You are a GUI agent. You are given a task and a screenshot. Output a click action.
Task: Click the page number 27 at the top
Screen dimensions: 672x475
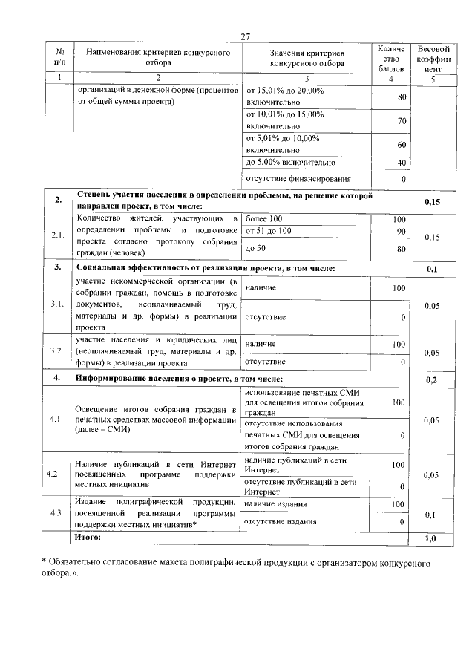246,37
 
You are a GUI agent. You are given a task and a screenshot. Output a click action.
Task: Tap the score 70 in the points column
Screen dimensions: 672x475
402,121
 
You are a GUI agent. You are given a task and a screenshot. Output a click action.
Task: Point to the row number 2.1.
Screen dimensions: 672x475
58,236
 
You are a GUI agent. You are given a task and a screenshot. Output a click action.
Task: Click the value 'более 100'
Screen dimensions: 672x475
263,219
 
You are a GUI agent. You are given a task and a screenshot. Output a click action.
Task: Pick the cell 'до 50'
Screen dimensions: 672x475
256,249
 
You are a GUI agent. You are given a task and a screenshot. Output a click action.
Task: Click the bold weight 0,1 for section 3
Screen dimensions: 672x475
431,269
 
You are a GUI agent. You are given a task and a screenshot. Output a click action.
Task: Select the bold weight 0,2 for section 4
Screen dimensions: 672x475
431,380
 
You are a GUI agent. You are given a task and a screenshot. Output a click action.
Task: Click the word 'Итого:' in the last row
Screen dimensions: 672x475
93,536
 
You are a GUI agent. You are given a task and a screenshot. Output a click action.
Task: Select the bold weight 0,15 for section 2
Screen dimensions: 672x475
431,201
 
